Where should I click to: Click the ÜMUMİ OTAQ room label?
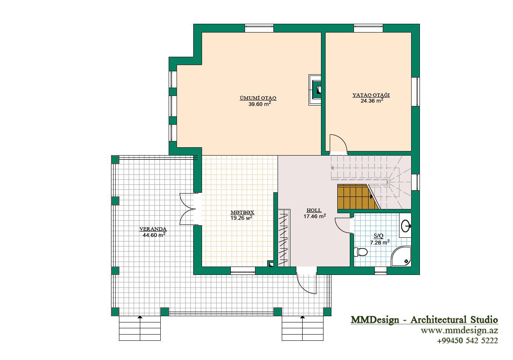coord(258,98)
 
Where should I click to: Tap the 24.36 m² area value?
coord(372,101)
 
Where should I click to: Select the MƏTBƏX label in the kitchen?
coord(242,212)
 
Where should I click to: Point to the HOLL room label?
coord(314,210)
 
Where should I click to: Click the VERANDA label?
coord(153,229)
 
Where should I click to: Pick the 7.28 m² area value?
coord(380,242)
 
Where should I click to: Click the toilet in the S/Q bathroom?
coord(361,252)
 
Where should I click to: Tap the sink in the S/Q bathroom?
coord(406,226)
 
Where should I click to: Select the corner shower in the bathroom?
coord(401,256)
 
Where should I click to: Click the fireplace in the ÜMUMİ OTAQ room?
coord(315,90)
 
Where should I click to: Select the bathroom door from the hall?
coord(343,225)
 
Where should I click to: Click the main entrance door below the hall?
coord(306,283)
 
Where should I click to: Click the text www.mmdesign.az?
coord(460,331)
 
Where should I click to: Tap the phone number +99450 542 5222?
coord(468,340)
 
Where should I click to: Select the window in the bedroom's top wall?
coord(368,28)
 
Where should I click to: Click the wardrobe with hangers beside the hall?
coord(284,238)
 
